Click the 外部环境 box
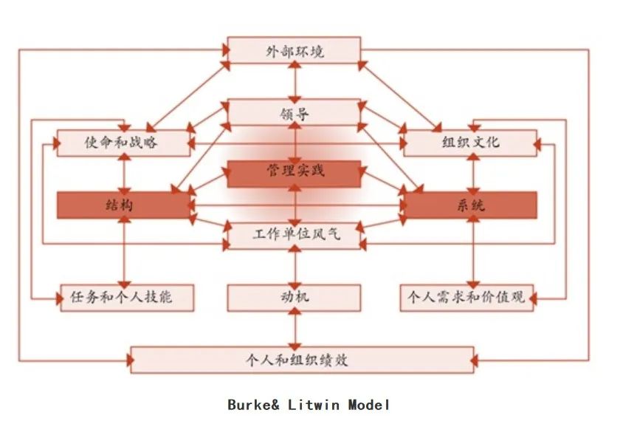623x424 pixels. click(294, 51)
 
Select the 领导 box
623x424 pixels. click(294, 113)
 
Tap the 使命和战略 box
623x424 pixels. click(123, 142)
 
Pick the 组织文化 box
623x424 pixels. click(469, 142)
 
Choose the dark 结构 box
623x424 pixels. click(123, 205)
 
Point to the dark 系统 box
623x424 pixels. click(469, 205)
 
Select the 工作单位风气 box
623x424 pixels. click(294, 236)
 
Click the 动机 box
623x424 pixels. click(294, 298)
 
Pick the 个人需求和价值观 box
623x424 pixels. click(467, 298)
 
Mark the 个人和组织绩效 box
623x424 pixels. click(301, 360)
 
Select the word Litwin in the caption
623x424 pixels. click(316, 405)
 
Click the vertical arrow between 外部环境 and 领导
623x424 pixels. click(295, 81)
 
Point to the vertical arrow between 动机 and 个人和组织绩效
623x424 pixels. click(295, 329)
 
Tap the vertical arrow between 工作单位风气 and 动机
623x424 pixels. click(295, 267)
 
